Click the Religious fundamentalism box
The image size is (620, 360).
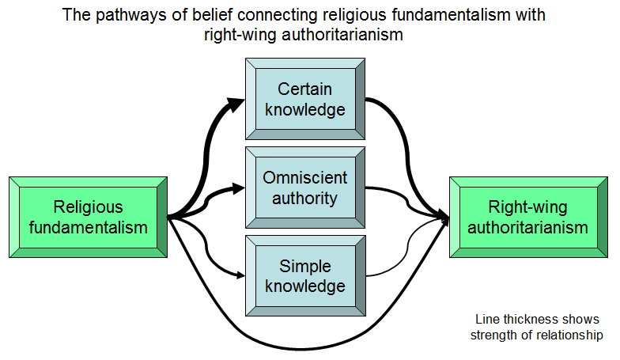(x=89, y=217)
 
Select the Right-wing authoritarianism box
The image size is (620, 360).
(x=528, y=217)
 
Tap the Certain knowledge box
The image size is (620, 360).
(x=305, y=99)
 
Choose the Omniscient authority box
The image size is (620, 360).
(x=305, y=188)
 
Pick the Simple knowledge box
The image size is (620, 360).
(x=305, y=275)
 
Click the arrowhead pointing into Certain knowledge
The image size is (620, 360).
(x=236, y=104)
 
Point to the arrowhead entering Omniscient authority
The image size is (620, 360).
(x=239, y=188)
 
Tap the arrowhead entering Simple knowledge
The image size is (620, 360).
(x=240, y=275)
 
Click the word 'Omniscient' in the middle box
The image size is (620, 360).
(x=305, y=177)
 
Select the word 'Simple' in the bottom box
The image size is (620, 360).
(x=305, y=266)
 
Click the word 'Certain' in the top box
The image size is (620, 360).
(x=304, y=89)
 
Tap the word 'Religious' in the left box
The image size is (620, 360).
(x=89, y=207)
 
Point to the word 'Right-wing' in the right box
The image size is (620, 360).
(x=528, y=207)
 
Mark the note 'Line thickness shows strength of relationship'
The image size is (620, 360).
(x=537, y=328)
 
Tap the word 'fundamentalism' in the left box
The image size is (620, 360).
(x=89, y=228)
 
